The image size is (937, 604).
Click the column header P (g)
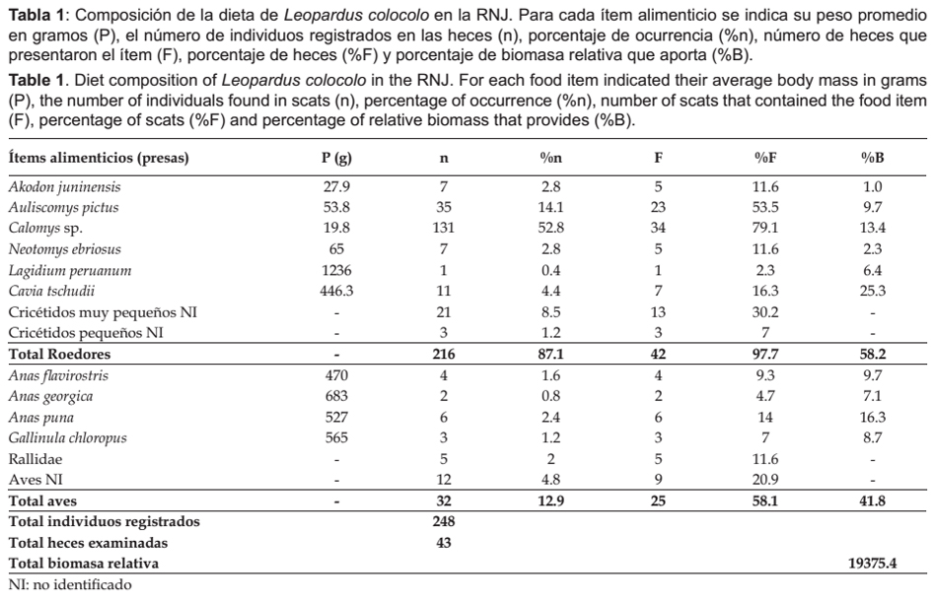pos(336,159)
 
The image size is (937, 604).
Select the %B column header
pos(873,159)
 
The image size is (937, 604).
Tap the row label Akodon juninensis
pos(64,187)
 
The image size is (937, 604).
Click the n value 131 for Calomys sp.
pos(444,228)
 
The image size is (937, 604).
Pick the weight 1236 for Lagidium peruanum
pos(336,270)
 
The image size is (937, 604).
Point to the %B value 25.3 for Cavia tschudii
pos(873,292)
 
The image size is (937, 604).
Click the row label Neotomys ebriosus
pos(64,249)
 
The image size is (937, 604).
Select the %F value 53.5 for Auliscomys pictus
pos(765,208)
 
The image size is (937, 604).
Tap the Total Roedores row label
pos(60,355)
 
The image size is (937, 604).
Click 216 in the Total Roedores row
pos(444,355)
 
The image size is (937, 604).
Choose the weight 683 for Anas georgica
pos(336,396)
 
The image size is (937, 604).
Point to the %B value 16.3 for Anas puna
pos(873,417)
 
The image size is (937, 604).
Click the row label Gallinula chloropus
pos(67,438)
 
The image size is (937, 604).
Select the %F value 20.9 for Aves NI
pos(765,480)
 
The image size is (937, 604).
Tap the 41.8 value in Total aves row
pos(873,502)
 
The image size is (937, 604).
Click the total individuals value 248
pos(444,521)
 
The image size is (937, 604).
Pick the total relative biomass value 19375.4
pos(873,564)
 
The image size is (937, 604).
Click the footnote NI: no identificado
pos(70,585)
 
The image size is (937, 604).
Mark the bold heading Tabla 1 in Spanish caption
pos(36,15)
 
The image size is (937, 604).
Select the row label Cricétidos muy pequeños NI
pos(103,312)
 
